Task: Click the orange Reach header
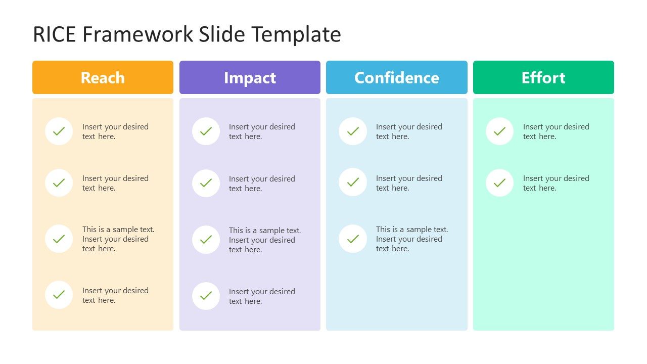click(x=103, y=77)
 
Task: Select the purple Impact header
click(x=250, y=77)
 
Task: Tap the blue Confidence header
click(x=397, y=77)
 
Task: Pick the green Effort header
click(x=543, y=77)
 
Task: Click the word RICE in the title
click(x=54, y=34)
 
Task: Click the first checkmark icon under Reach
click(x=59, y=131)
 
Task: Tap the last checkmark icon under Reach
click(x=59, y=295)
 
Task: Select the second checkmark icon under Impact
click(x=206, y=183)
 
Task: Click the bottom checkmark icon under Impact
click(x=206, y=296)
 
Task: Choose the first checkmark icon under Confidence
click(x=353, y=131)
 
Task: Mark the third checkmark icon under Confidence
click(x=353, y=239)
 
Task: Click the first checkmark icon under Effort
click(x=499, y=131)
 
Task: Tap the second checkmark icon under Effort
click(x=499, y=183)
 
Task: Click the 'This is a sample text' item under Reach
click(x=118, y=239)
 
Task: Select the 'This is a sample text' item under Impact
click(x=265, y=240)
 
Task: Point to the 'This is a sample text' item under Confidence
click(x=412, y=239)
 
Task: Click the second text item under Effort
click(x=556, y=183)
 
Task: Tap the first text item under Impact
click(x=262, y=131)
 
